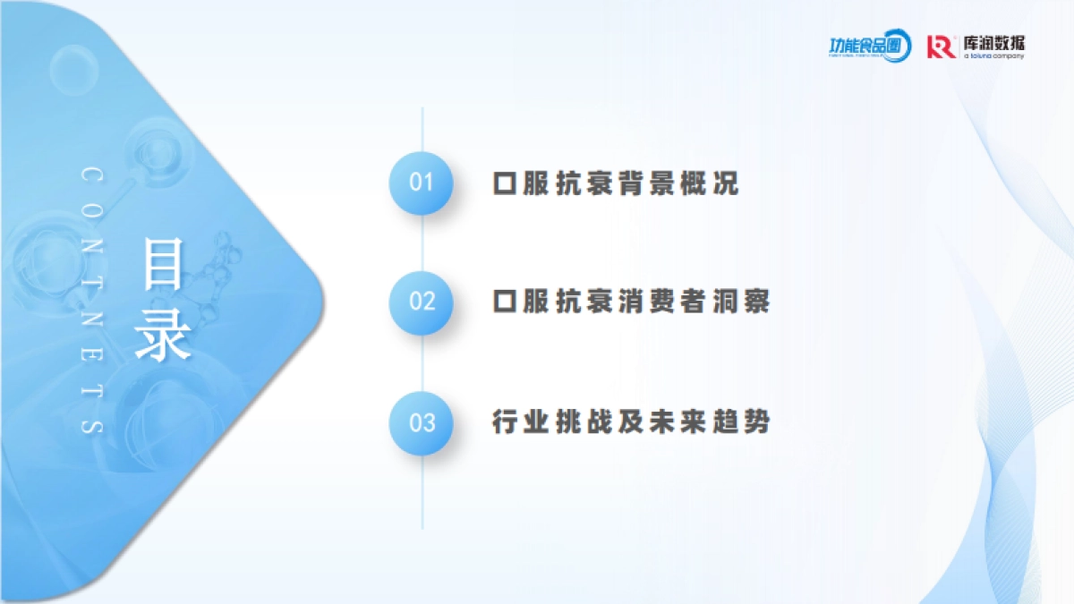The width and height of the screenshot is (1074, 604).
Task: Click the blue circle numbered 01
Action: (x=421, y=183)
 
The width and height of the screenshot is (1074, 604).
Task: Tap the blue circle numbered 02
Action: (x=421, y=302)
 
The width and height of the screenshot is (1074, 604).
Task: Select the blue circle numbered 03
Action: (x=421, y=422)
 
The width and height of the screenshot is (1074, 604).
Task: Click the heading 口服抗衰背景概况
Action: (x=616, y=183)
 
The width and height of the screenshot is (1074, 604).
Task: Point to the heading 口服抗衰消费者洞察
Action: (x=631, y=302)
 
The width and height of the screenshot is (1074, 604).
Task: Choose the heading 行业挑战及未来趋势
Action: (x=631, y=421)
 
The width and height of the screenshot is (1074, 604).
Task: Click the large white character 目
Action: (x=163, y=264)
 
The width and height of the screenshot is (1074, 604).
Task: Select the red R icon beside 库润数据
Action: (x=941, y=47)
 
